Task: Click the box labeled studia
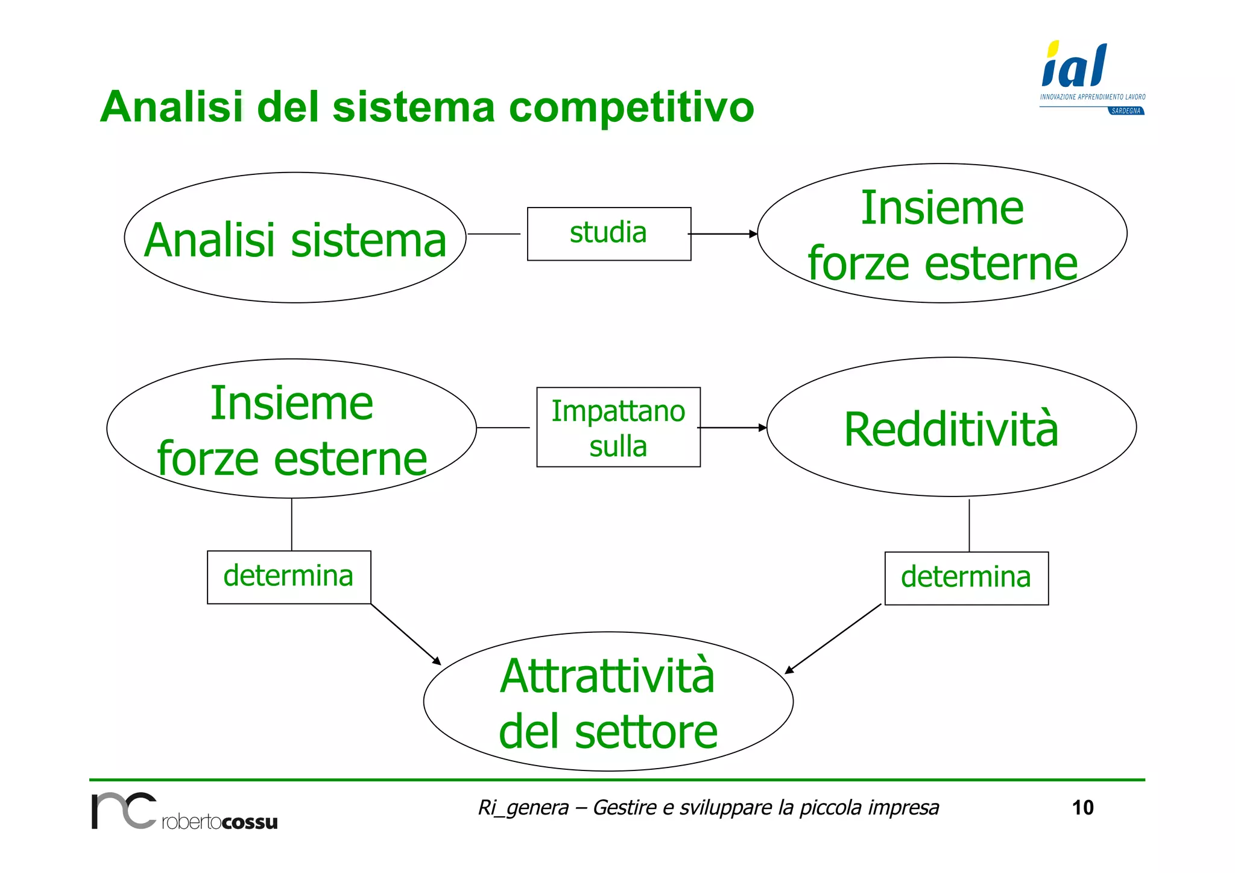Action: click(608, 233)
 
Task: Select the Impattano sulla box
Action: click(618, 427)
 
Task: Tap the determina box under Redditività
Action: click(966, 577)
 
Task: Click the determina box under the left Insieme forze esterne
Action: click(288, 576)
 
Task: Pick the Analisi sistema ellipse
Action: click(295, 238)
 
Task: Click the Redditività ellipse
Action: click(951, 428)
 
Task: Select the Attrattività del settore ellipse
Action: click(608, 701)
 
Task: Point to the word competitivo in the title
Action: click(631, 107)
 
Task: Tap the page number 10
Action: click(1082, 807)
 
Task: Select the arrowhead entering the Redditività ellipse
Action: click(763, 428)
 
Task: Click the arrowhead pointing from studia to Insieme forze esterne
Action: click(753, 233)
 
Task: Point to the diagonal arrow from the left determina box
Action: click(405, 634)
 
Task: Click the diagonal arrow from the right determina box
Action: click(833, 638)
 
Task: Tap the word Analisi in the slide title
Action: click(172, 107)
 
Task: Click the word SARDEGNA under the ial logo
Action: click(1126, 111)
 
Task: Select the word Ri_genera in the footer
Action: click(523, 807)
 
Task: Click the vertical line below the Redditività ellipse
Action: click(969, 525)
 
